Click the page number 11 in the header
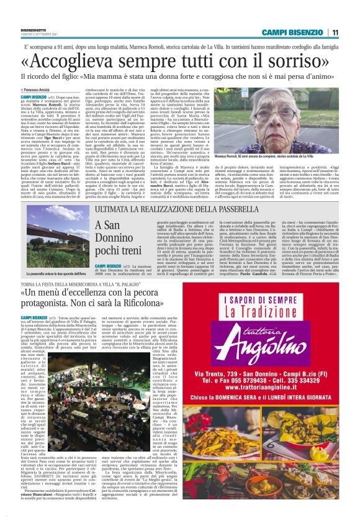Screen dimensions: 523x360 335,32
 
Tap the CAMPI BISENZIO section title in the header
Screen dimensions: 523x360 293,32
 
